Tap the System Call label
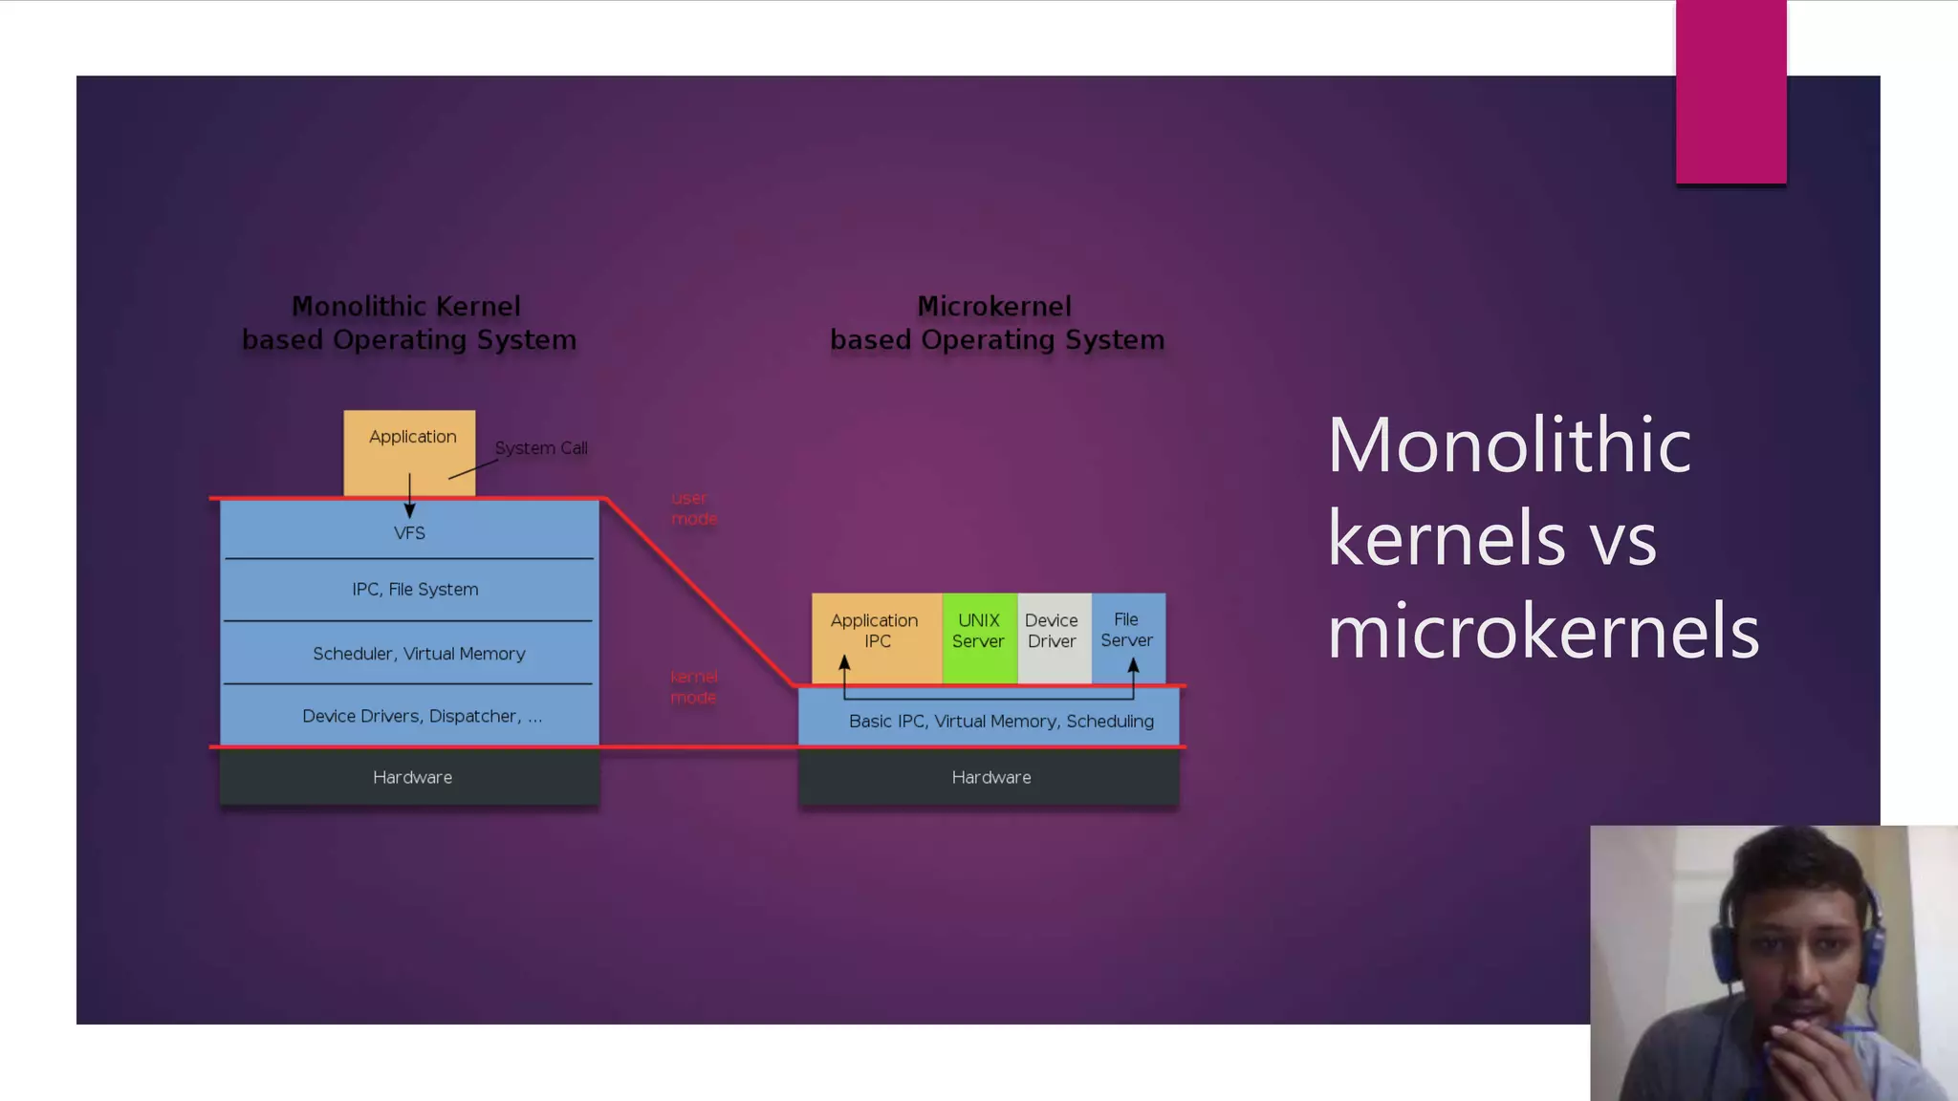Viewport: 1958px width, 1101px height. (x=540, y=448)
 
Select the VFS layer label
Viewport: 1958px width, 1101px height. (x=409, y=533)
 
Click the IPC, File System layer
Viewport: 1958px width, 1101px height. (x=414, y=590)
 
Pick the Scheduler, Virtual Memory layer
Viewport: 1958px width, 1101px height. (x=419, y=654)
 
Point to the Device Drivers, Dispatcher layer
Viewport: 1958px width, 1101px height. (x=422, y=716)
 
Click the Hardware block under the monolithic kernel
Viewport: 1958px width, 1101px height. (x=412, y=777)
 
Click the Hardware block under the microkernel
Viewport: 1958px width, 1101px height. (x=990, y=777)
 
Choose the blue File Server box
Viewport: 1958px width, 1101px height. (x=1127, y=632)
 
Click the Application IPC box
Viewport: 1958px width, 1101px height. (x=876, y=632)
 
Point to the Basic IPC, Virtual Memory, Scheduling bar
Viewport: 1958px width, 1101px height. (x=1000, y=722)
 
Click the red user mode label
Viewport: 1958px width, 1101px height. (x=693, y=508)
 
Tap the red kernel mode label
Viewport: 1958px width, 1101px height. (x=693, y=687)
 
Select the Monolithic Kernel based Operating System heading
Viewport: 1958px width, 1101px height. (x=408, y=323)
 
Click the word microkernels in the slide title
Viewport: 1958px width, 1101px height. (x=1542, y=632)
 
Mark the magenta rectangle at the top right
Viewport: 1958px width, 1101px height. (x=1730, y=91)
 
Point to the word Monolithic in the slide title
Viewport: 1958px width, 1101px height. (x=1509, y=445)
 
